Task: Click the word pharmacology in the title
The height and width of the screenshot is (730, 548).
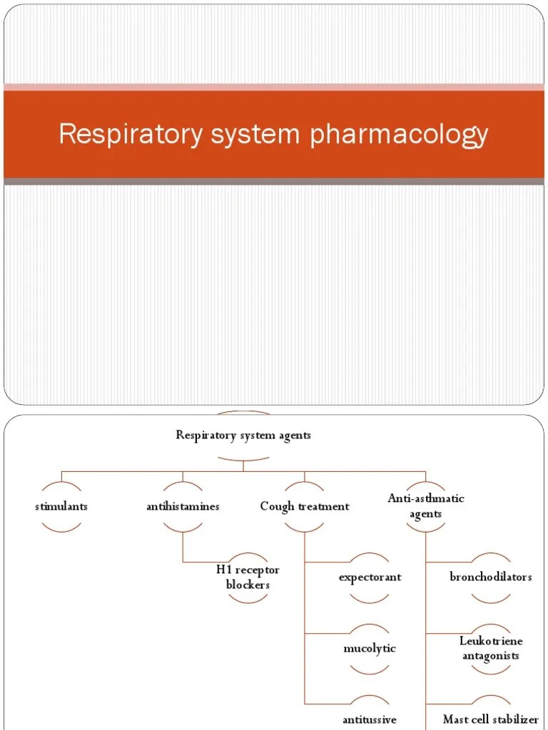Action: click(x=399, y=134)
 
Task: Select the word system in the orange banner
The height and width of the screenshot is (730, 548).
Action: click(x=256, y=134)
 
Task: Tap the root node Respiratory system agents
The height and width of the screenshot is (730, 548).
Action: click(x=243, y=435)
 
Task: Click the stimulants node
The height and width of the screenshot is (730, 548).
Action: click(x=61, y=506)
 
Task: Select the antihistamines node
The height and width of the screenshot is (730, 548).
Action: click(x=183, y=506)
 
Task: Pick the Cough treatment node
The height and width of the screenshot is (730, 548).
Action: click(x=305, y=506)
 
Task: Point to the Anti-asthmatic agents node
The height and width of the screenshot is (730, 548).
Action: click(x=425, y=506)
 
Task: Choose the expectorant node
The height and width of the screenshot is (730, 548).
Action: click(x=370, y=577)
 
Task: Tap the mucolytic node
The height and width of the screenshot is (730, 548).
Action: click(x=370, y=648)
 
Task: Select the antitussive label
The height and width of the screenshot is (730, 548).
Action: click(x=370, y=719)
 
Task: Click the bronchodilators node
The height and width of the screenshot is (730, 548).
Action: click(x=490, y=576)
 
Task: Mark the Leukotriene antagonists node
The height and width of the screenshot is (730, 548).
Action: click(x=490, y=648)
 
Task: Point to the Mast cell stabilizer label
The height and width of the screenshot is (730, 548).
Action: click(x=490, y=719)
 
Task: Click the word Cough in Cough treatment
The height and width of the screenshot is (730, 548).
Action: click(x=275, y=506)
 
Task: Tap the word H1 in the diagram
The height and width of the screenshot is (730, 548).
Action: click(x=224, y=570)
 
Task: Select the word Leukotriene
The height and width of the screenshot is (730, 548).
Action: click(x=490, y=642)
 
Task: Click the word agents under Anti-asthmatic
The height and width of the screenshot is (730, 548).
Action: click(x=425, y=513)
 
